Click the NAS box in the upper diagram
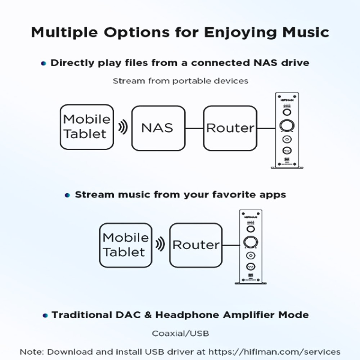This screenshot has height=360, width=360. pos(158,128)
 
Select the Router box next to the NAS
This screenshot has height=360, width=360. pos(230,128)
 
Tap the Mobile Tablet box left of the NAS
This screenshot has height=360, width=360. pos(87,127)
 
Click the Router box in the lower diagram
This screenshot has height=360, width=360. pos(196,245)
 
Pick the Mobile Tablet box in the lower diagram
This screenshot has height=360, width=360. pos(126,245)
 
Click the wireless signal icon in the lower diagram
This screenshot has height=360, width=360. pos(160,244)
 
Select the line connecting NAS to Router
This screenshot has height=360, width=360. pos(194,128)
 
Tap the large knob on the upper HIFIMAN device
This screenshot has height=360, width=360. pos(287,126)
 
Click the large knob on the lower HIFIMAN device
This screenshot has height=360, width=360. pos(251,242)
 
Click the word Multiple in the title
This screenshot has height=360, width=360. pos(64,32)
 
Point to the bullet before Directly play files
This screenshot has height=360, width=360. pos(44,63)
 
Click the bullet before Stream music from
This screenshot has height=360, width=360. pos(67,195)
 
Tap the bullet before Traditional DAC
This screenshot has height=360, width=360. pos(45,315)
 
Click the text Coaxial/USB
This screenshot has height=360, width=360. pos(180,333)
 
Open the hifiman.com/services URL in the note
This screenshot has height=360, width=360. pos(274,352)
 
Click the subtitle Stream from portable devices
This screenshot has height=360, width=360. pos(180,81)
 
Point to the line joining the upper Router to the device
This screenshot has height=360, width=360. pos(266,128)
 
